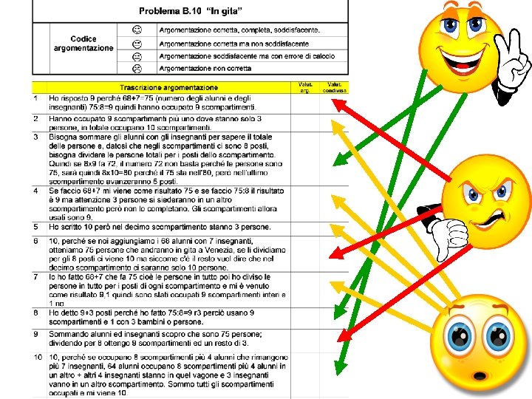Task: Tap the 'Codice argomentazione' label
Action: tap(83, 44)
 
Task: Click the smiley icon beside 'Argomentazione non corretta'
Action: tap(137, 68)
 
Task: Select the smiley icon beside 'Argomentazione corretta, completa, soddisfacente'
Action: tap(137, 30)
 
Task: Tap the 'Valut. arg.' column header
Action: tap(304, 88)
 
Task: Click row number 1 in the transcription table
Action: tap(35, 98)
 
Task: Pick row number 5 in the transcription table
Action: tap(35, 226)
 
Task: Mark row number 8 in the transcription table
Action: tap(35, 312)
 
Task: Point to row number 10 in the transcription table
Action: tap(37, 358)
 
